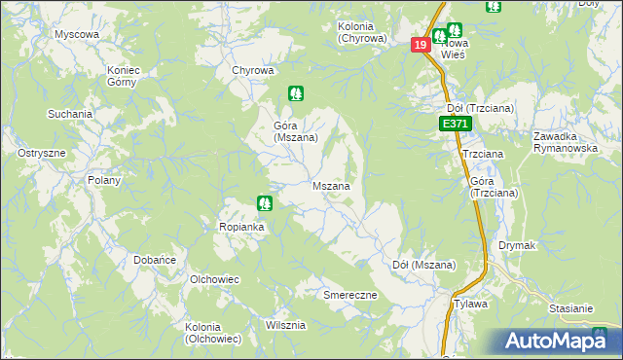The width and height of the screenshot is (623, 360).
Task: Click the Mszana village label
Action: coord(331,185)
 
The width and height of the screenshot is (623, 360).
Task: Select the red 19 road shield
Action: coord(420,45)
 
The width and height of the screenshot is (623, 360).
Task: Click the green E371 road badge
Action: coord(455,125)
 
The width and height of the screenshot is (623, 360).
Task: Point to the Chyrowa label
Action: coord(252,70)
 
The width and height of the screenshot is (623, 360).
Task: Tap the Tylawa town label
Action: coord(470,304)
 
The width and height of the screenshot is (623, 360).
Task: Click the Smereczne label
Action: coord(349,294)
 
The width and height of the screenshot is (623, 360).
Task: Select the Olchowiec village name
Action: coord(215,279)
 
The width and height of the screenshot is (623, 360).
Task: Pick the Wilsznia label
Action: coord(284,325)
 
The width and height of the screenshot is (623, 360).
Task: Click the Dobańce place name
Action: coord(154,260)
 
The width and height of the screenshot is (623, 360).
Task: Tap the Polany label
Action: coord(103,180)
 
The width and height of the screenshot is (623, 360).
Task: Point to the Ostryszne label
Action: coord(42,154)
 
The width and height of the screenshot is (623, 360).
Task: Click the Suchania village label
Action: coord(70,114)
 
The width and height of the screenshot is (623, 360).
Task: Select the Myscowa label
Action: coord(77,34)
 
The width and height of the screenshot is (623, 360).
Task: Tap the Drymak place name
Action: coord(517,246)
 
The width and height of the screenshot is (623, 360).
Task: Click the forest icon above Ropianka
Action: coord(263,203)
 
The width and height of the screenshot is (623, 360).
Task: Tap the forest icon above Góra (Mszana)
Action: coord(295,94)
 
